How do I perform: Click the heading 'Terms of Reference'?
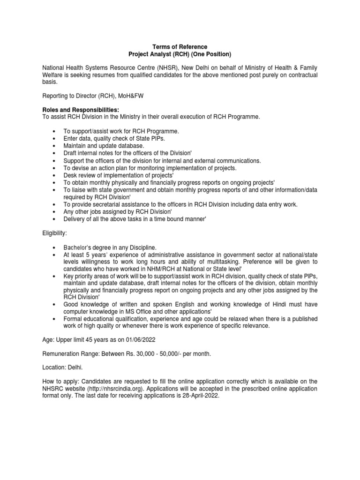pyautogui.click(x=180, y=47)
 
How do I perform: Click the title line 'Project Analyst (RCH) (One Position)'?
pyautogui.click(x=180, y=54)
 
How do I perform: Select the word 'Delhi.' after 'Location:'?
pyautogui.click(x=75, y=368)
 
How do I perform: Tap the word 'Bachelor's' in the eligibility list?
pyautogui.click(x=77, y=247)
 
